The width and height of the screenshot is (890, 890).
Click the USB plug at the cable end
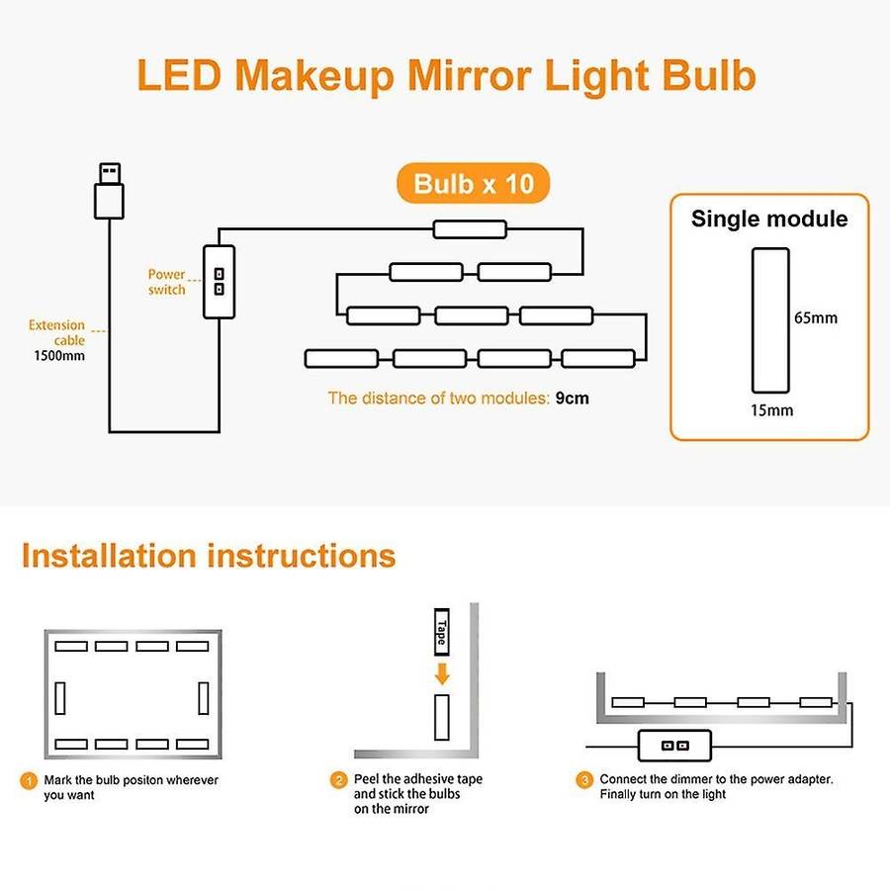tap(109, 191)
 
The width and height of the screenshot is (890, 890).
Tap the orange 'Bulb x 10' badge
tap(474, 183)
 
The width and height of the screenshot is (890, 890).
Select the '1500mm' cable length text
tap(59, 356)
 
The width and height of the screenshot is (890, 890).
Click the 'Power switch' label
tap(166, 282)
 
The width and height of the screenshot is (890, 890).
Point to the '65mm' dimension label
tap(816, 317)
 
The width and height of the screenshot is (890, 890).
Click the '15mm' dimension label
tap(772, 410)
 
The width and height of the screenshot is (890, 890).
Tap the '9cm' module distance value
tap(573, 398)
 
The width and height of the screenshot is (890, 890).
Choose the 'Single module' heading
tap(769, 219)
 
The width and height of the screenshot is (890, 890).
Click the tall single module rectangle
tap(770, 320)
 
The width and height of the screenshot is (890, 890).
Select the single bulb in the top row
tap(470, 229)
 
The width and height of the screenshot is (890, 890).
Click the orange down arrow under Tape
tap(442, 673)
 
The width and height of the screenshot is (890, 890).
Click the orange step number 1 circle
tap(29, 781)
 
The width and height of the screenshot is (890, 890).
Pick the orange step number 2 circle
tap(338, 780)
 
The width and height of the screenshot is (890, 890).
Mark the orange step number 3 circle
tap(584, 780)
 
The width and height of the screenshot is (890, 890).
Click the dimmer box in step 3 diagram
tap(674, 746)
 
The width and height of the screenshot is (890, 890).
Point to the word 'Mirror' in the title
tap(470, 75)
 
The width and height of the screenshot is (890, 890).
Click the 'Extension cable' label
tap(56, 332)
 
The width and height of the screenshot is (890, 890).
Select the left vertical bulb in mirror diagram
tap(59, 697)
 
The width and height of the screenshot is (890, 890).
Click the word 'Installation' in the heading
tap(108, 555)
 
